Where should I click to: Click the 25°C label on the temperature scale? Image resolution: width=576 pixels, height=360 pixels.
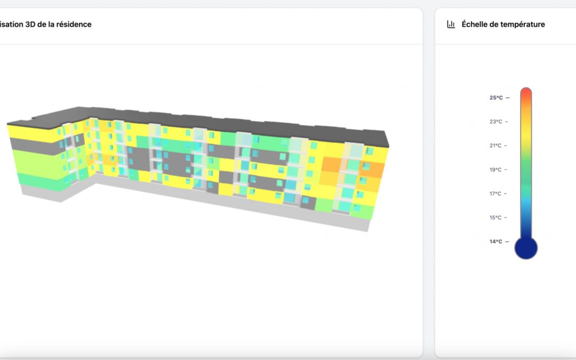coord(496,98)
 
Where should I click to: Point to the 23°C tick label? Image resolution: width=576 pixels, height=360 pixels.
coord(496,122)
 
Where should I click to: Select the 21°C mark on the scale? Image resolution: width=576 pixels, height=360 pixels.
coord(496,146)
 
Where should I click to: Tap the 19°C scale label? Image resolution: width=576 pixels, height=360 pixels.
coord(496,170)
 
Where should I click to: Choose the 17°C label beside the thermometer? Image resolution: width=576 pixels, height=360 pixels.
coord(496,194)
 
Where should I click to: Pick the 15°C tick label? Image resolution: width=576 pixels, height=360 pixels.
coord(496,218)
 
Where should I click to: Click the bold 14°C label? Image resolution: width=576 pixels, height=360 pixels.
coord(496,242)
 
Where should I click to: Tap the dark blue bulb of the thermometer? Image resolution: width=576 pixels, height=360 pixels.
coord(526,248)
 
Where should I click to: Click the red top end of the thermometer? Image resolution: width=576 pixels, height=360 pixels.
coord(526,94)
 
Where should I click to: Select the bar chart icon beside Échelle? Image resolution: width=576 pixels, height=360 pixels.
coord(451,24)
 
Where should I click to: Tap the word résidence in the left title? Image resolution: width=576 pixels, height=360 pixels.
coord(74,24)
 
